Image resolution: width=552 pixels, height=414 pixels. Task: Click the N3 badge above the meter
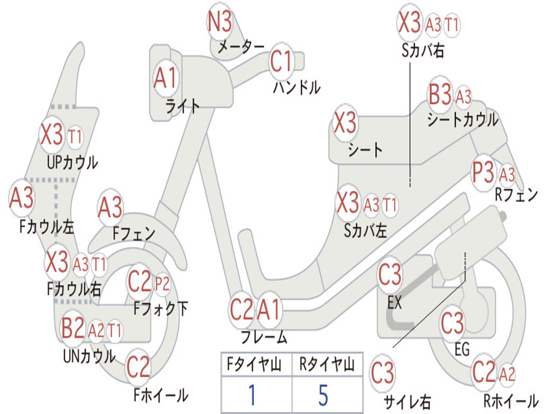point(220,21)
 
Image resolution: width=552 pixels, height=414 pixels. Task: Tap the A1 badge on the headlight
point(165,78)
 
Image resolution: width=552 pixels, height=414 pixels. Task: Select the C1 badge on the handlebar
point(281,60)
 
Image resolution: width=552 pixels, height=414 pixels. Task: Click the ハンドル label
point(297,87)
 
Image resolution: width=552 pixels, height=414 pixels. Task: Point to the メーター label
point(241,47)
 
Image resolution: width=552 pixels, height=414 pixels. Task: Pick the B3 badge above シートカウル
point(440,94)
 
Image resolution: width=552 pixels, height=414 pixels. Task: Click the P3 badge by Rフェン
point(483,172)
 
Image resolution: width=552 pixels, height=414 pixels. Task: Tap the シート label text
point(365,150)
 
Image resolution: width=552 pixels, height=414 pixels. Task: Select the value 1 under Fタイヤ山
point(252,395)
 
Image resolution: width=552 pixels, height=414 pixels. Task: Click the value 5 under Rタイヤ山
point(323,395)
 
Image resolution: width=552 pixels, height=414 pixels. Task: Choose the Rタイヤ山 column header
point(327,364)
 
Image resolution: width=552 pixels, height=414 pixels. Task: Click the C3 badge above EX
point(390,274)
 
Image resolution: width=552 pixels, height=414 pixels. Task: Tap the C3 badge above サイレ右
point(382,373)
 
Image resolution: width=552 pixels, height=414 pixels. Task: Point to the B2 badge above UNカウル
point(73,328)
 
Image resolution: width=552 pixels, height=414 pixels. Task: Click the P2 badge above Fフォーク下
point(162,284)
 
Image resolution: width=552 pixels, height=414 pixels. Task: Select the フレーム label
point(264,337)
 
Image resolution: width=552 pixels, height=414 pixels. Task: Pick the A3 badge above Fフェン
point(110,208)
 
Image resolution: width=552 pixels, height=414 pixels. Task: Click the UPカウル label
point(73,163)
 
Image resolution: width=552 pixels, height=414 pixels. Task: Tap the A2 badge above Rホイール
point(507,374)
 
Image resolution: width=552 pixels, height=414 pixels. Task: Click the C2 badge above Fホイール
point(138,367)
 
